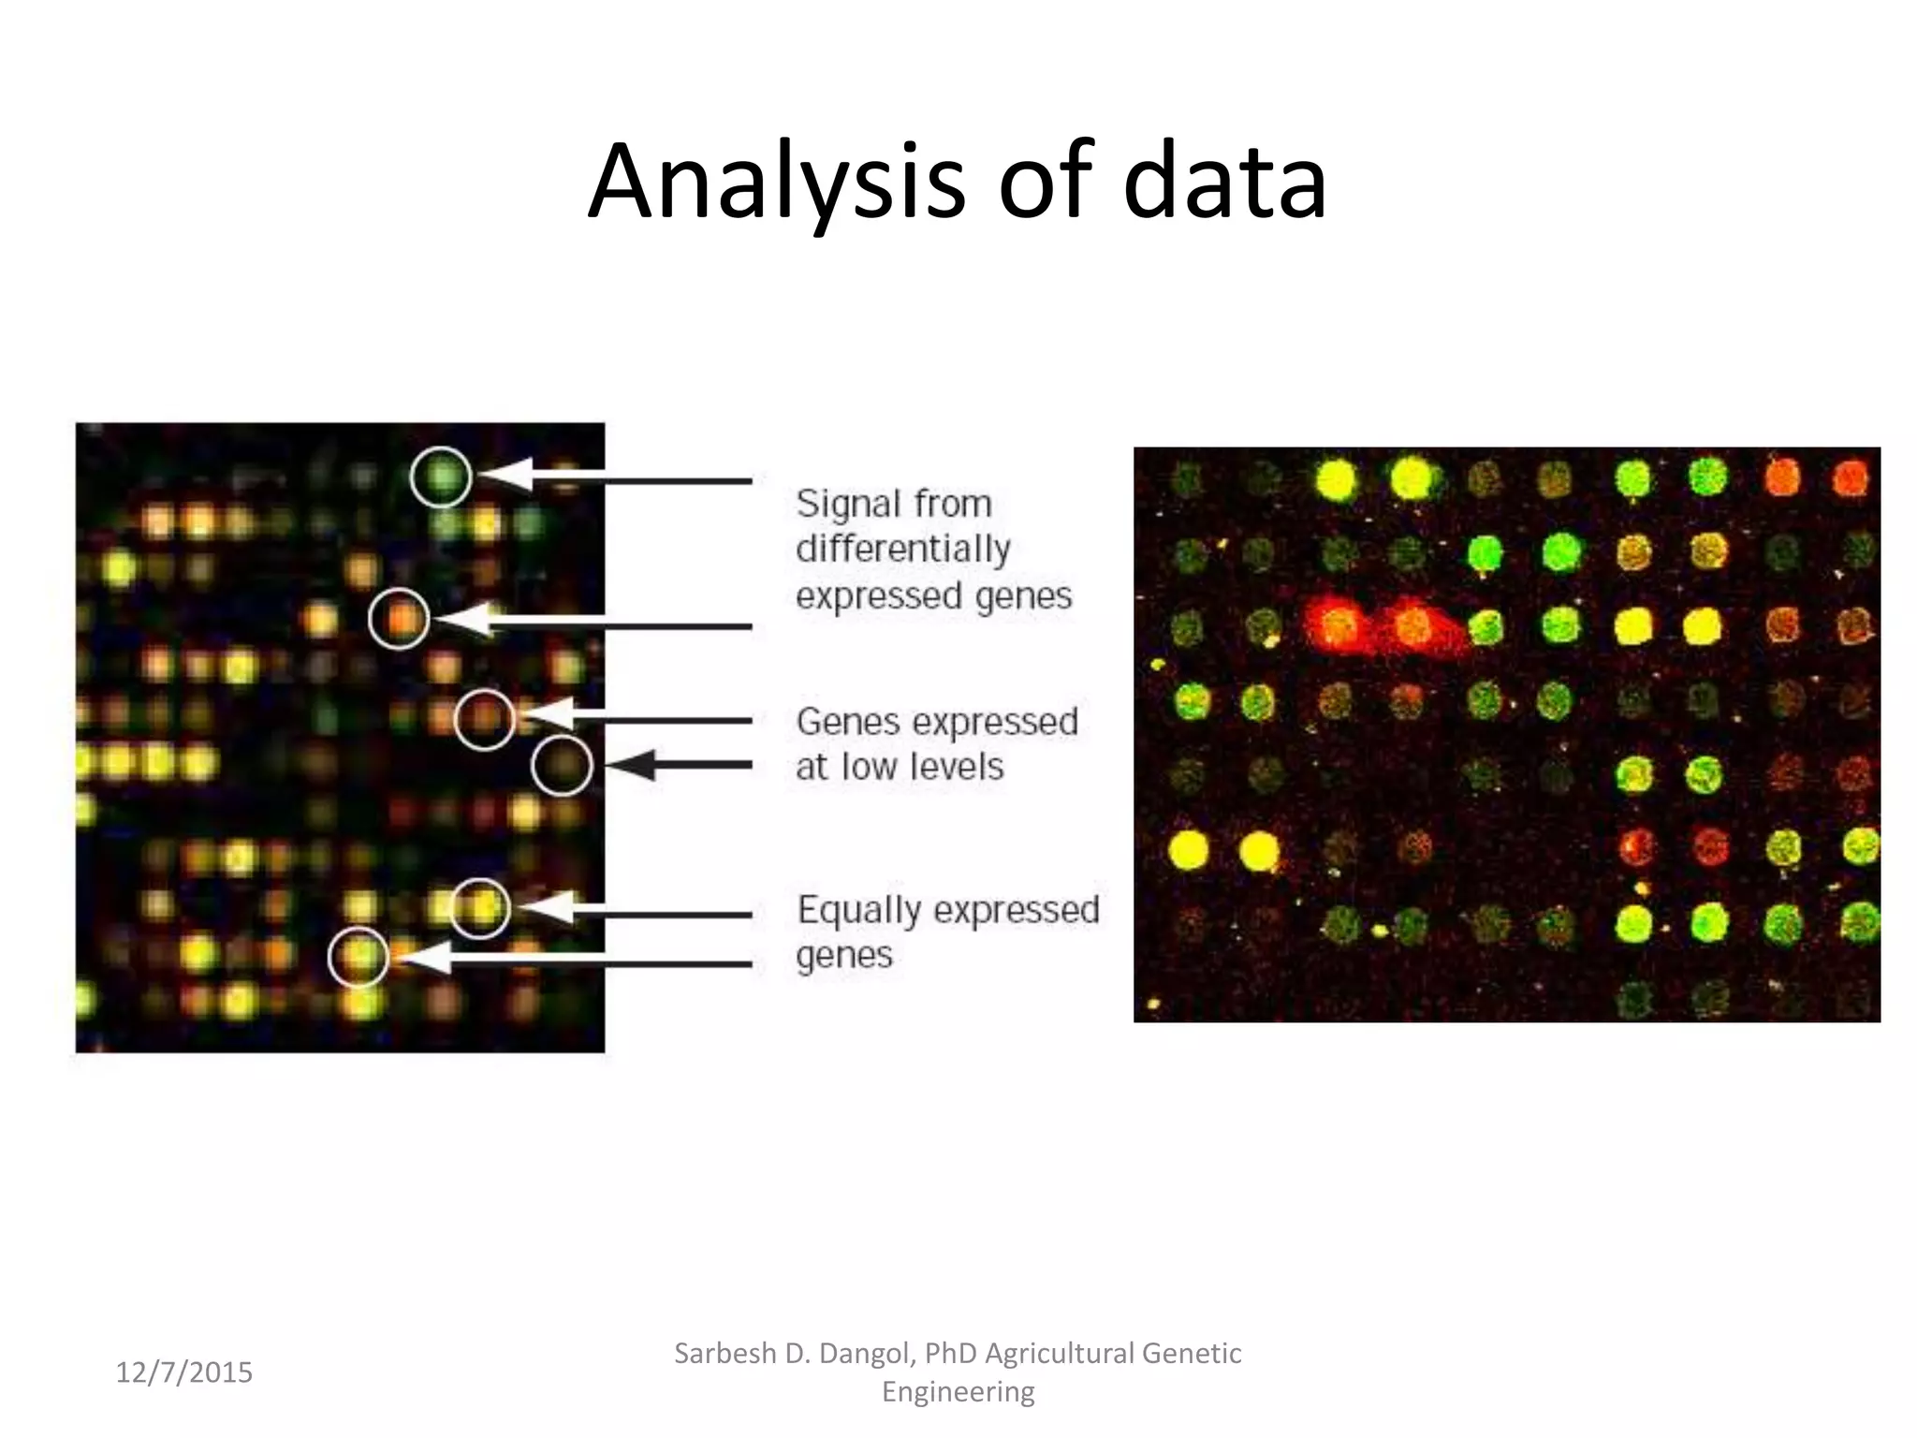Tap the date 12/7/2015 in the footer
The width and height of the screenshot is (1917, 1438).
click(183, 1372)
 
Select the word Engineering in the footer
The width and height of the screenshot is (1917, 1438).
click(958, 1392)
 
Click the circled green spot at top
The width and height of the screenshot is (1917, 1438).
click(441, 477)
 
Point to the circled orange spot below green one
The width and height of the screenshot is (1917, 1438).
click(400, 619)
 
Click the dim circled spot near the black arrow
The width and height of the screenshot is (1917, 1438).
click(562, 766)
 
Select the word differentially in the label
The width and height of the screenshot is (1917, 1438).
click(902, 550)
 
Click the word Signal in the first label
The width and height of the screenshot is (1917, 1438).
click(839, 505)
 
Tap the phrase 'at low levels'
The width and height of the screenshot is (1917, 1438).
click(899, 768)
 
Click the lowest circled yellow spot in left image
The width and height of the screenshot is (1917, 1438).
click(359, 957)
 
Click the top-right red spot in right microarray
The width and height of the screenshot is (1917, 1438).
click(1850, 478)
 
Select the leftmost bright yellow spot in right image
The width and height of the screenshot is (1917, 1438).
click(1189, 850)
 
